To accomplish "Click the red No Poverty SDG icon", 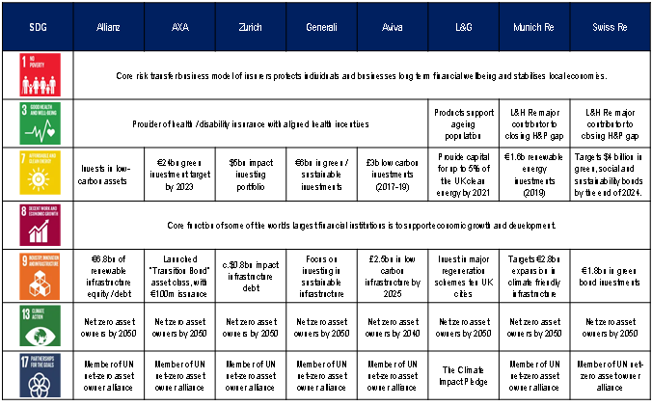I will (36, 74).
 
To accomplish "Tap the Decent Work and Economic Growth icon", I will (36, 226).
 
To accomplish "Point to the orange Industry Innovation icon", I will (36, 277).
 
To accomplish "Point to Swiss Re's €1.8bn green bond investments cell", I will (611, 277).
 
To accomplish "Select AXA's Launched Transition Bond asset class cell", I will (180, 277).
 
